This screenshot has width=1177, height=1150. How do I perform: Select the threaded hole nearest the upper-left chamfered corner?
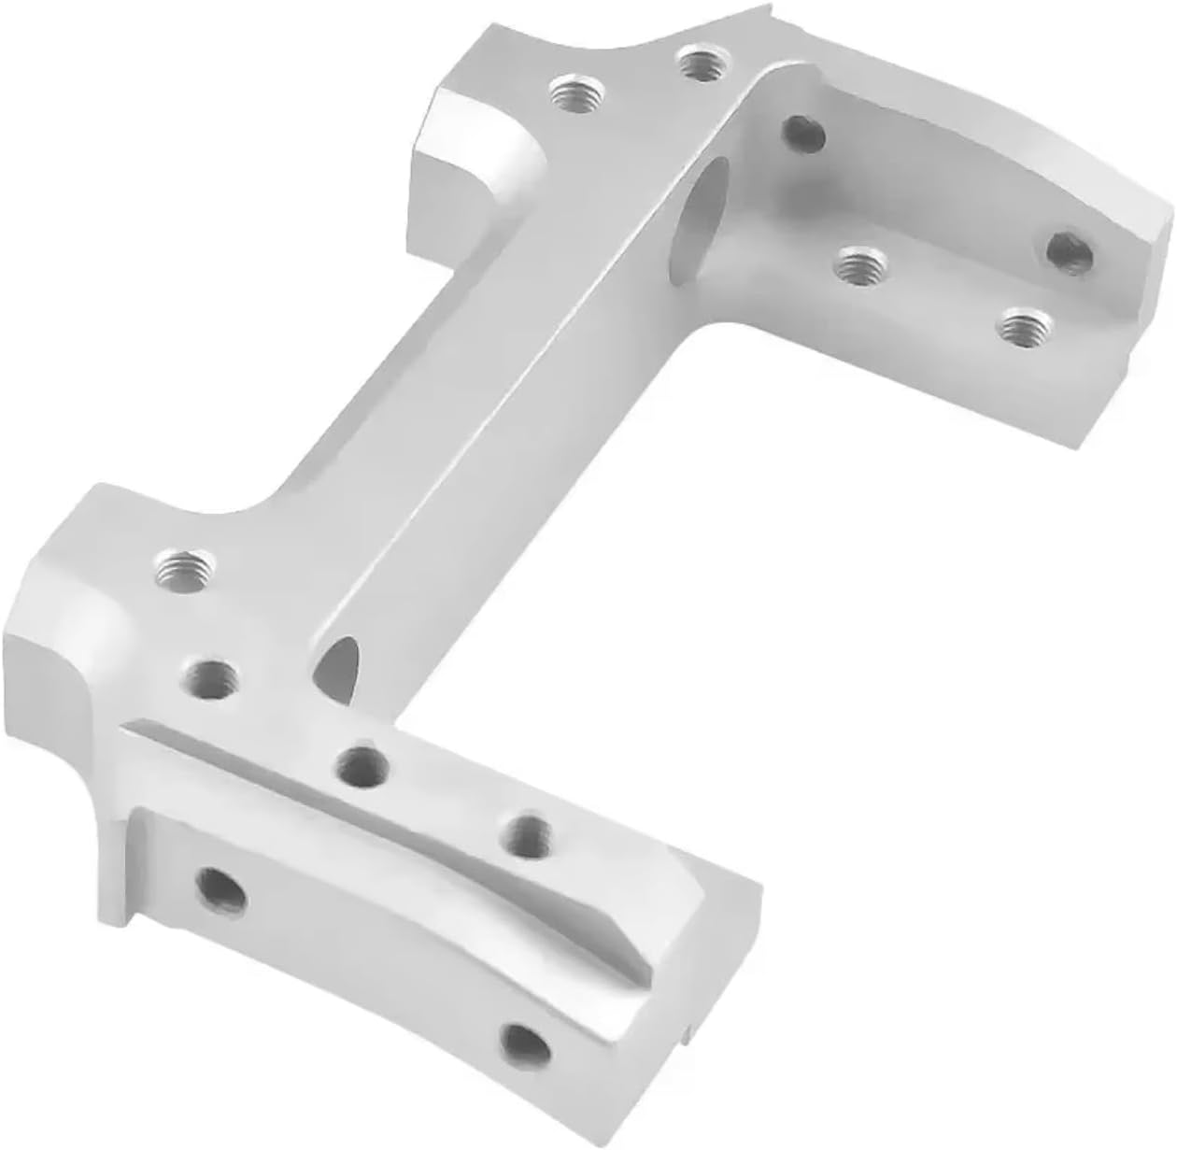tap(575, 94)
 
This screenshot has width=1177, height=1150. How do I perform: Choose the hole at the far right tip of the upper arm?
tap(1070, 252)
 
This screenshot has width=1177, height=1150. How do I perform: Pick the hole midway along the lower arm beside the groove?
tap(531, 832)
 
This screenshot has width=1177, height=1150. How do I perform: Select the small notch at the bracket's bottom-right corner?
tap(688, 1029)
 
